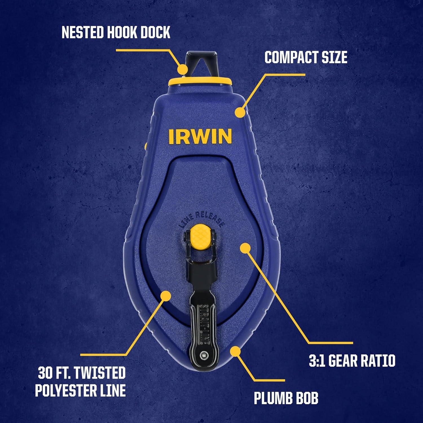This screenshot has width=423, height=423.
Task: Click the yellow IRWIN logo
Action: point(200,136)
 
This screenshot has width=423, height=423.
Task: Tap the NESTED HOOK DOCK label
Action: point(116,32)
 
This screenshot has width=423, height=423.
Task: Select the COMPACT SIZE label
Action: point(306,57)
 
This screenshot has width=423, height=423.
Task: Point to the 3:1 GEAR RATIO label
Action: point(352,361)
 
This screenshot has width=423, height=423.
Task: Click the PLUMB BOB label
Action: point(286,398)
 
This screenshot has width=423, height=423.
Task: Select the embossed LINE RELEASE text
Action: point(202,220)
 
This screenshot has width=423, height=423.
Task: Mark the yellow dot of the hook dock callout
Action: point(183,69)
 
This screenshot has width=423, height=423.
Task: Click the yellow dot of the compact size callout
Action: point(240,112)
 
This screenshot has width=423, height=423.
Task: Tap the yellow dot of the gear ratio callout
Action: point(245,248)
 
